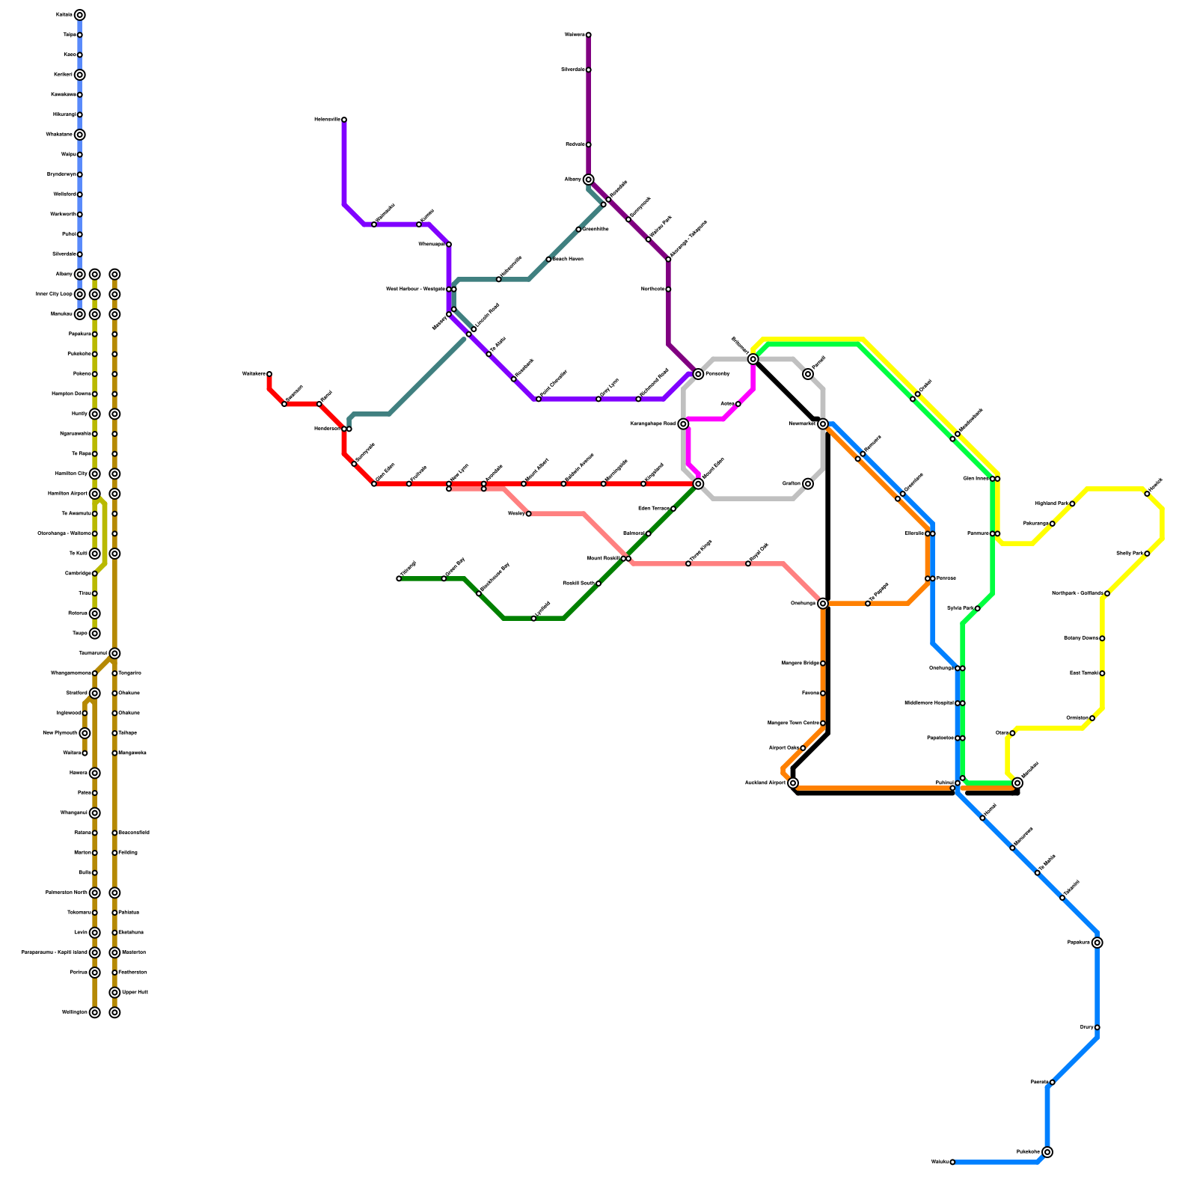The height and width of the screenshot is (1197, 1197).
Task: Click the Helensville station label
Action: point(327,120)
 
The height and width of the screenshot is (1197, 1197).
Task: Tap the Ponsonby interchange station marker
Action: point(698,374)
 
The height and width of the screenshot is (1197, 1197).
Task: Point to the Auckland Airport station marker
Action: point(793,783)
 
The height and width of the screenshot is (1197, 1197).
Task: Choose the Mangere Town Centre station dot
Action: point(823,723)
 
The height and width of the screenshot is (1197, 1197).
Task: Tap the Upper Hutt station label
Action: point(135,993)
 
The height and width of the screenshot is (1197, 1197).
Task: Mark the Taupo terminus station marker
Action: point(95,634)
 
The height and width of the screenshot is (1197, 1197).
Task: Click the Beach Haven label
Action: point(568,260)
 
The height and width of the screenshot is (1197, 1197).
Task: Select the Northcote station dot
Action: point(668,290)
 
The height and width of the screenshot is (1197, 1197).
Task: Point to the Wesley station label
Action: point(515,514)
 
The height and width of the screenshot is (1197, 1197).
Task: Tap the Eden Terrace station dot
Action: point(673,509)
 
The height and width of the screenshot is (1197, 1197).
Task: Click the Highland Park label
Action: point(1052,503)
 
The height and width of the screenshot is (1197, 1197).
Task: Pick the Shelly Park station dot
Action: point(1147,554)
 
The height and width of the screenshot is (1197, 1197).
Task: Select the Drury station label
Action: point(1086,1027)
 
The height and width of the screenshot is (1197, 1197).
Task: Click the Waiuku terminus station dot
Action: point(952,1162)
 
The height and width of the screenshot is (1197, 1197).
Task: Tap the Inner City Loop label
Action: point(54,294)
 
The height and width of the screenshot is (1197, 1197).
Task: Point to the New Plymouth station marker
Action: point(85,733)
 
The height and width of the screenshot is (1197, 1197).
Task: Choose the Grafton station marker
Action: point(808,484)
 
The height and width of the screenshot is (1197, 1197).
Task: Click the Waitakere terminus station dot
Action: point(269,374)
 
